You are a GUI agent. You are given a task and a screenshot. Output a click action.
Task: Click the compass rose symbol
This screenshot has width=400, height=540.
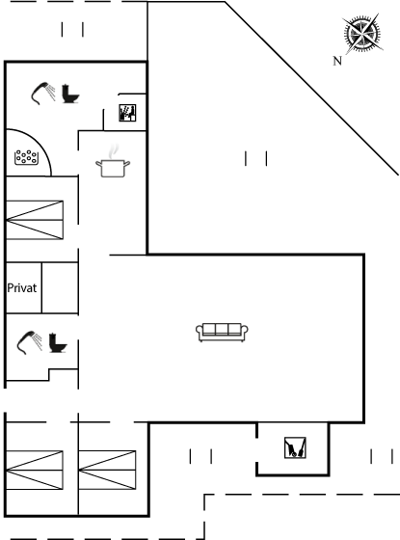pos(362,34)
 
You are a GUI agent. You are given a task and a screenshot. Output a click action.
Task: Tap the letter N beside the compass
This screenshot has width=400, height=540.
pos(337,61)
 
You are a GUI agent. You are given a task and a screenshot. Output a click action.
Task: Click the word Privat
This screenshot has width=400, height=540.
pos(21,288)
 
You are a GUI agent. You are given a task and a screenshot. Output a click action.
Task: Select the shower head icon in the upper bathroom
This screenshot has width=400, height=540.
pos(43,93)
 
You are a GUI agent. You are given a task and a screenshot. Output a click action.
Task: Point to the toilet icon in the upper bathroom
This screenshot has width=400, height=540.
pos(70,94)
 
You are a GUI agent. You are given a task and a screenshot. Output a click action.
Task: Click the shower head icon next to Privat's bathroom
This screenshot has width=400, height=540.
pos(30,342)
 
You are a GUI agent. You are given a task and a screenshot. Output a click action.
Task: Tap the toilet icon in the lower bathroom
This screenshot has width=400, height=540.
pos(58,343)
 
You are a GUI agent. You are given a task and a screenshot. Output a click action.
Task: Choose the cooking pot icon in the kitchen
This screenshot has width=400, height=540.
pos(113,169)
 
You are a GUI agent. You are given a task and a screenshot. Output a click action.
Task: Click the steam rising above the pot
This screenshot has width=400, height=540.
pos(114,150)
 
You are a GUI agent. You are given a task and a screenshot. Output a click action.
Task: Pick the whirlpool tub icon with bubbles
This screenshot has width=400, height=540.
pos(26,157)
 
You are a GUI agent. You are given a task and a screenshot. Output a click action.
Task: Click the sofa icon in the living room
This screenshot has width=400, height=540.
pos(222,333)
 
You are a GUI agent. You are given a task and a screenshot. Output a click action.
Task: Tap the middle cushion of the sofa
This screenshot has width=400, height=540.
pos(222,329)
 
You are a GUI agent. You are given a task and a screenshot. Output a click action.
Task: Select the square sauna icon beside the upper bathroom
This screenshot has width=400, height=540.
pos(127,113)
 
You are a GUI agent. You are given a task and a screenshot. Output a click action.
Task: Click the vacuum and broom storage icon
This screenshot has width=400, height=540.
pos(295,447)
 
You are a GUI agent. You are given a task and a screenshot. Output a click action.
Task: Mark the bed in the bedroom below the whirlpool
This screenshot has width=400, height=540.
pos(35,220)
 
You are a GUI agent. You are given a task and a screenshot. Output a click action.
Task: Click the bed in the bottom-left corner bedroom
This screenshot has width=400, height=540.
pos(35,470)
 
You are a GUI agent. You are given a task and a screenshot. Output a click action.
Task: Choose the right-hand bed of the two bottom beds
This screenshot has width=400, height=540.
pos(107,470)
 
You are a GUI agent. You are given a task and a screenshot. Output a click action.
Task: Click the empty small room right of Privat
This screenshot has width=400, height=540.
pos(60,288)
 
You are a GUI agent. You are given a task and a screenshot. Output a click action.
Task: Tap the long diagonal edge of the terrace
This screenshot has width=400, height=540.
pos(311,89)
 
